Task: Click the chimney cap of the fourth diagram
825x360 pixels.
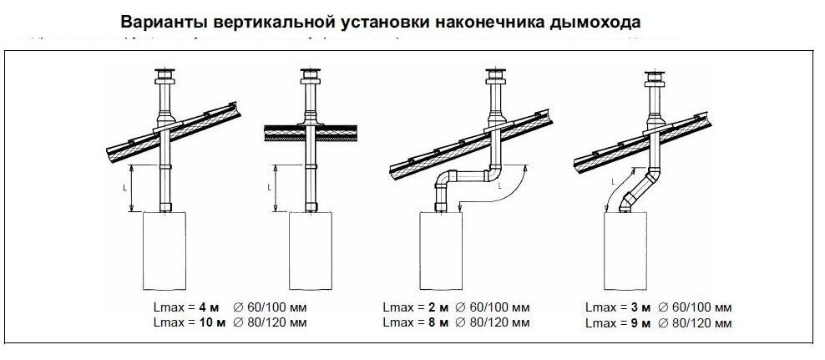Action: click(x=654, y=79)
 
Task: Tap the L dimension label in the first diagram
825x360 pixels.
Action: click(x=125, y=188)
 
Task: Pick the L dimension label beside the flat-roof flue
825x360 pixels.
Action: click(x=271, y=188)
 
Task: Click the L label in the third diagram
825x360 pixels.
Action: click(x=499, y=188)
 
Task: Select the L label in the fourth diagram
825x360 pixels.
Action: click(x=614, y=180)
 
